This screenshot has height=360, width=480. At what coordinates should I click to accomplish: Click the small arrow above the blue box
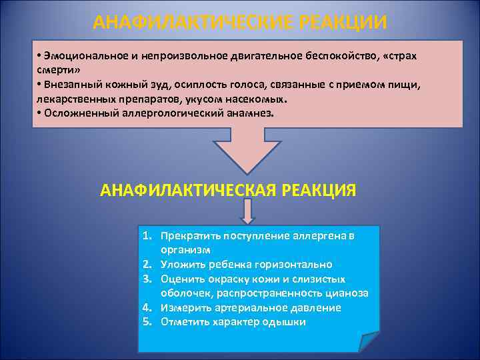click(247, 213)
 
